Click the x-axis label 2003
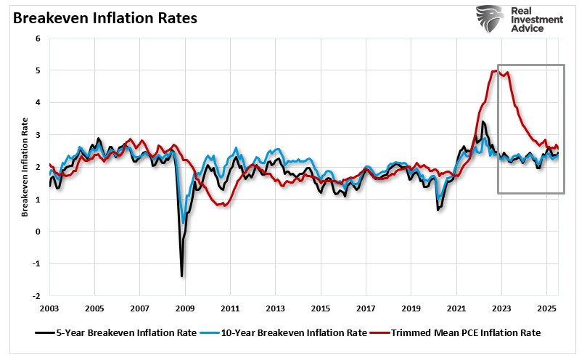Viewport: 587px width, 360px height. [x=49, y=309]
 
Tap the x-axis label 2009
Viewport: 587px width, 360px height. [x=185, y=309]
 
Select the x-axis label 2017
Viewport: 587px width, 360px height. [x=366, y=309]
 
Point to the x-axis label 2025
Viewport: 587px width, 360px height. [x=547, y=309]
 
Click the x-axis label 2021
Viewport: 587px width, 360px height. [x=456, y=309]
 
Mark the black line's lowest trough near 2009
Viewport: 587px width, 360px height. [x=181, y=276]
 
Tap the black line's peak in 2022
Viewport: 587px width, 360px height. [x=483, y=122]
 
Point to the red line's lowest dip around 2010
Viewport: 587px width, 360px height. [x=224, y=205]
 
